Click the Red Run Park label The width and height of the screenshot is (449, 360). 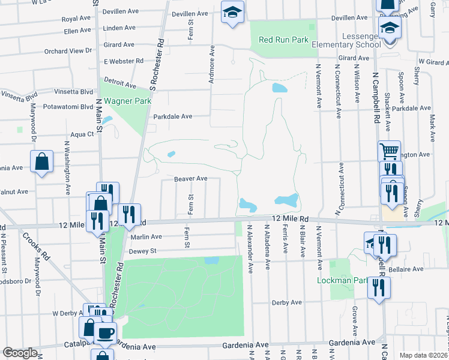coord(283,40)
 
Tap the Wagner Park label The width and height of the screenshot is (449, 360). coord(127,101)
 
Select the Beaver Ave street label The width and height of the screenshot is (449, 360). coord(190,179)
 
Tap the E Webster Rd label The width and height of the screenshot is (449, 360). coord(123,61)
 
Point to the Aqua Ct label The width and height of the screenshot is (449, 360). coord(82,134)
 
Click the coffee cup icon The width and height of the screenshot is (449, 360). coord(105,332)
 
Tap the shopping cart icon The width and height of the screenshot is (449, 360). coord(390,150)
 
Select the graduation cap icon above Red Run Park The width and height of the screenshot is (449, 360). coord(232,12)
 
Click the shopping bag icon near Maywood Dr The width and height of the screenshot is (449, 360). coord(41,161)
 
